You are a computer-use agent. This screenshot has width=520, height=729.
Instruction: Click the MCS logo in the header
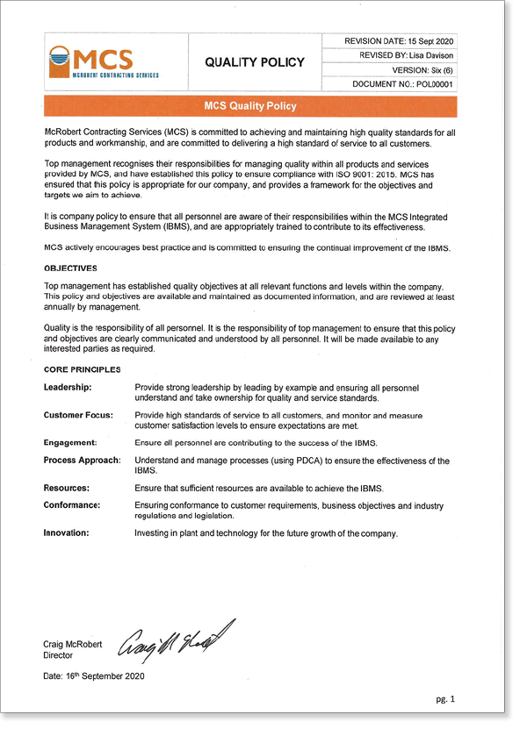point(103,62)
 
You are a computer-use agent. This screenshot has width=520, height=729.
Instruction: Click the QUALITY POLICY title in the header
point(254,62)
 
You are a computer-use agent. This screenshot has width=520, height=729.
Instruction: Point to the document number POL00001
point(432,84)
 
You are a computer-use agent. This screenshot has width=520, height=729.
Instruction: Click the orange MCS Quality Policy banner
point(250,106)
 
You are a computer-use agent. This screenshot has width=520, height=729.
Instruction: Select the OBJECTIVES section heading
point(70,268)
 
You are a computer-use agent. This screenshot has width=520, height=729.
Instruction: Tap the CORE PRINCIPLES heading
point(82,368)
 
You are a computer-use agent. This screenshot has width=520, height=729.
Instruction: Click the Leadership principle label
point(68,387)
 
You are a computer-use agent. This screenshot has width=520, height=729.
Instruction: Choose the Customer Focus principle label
point(77,414)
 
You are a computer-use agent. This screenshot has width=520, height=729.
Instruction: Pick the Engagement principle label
point(69,442)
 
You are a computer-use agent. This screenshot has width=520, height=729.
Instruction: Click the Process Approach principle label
point(83,460)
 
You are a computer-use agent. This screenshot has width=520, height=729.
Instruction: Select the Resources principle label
point(67,488)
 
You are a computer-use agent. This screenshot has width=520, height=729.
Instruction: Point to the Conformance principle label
point(72,505)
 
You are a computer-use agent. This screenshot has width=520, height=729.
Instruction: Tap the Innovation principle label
point(67,532)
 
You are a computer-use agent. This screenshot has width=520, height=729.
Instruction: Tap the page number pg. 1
point(446,699)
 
